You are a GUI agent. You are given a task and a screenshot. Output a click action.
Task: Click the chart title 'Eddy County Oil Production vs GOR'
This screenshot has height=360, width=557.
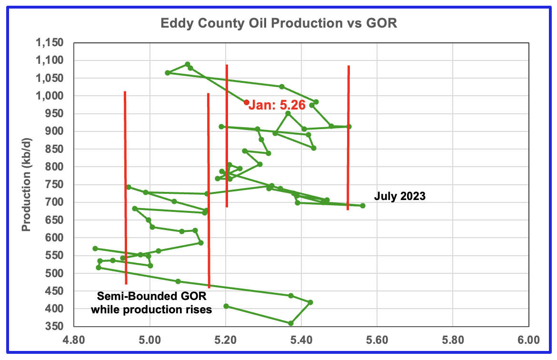click(x=278, y=23)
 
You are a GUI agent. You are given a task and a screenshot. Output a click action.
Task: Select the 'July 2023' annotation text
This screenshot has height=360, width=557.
click(x=399, y=196)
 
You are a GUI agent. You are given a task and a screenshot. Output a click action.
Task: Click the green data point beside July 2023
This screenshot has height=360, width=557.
click(x=363, y=206)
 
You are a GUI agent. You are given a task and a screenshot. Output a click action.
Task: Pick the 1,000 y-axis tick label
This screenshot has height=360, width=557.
click(x=50, y=96)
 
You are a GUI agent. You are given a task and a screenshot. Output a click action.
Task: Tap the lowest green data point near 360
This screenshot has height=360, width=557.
click(x=291, y=323)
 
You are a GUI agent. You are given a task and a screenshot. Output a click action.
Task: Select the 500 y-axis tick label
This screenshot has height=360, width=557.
click(x=55, y=273)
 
